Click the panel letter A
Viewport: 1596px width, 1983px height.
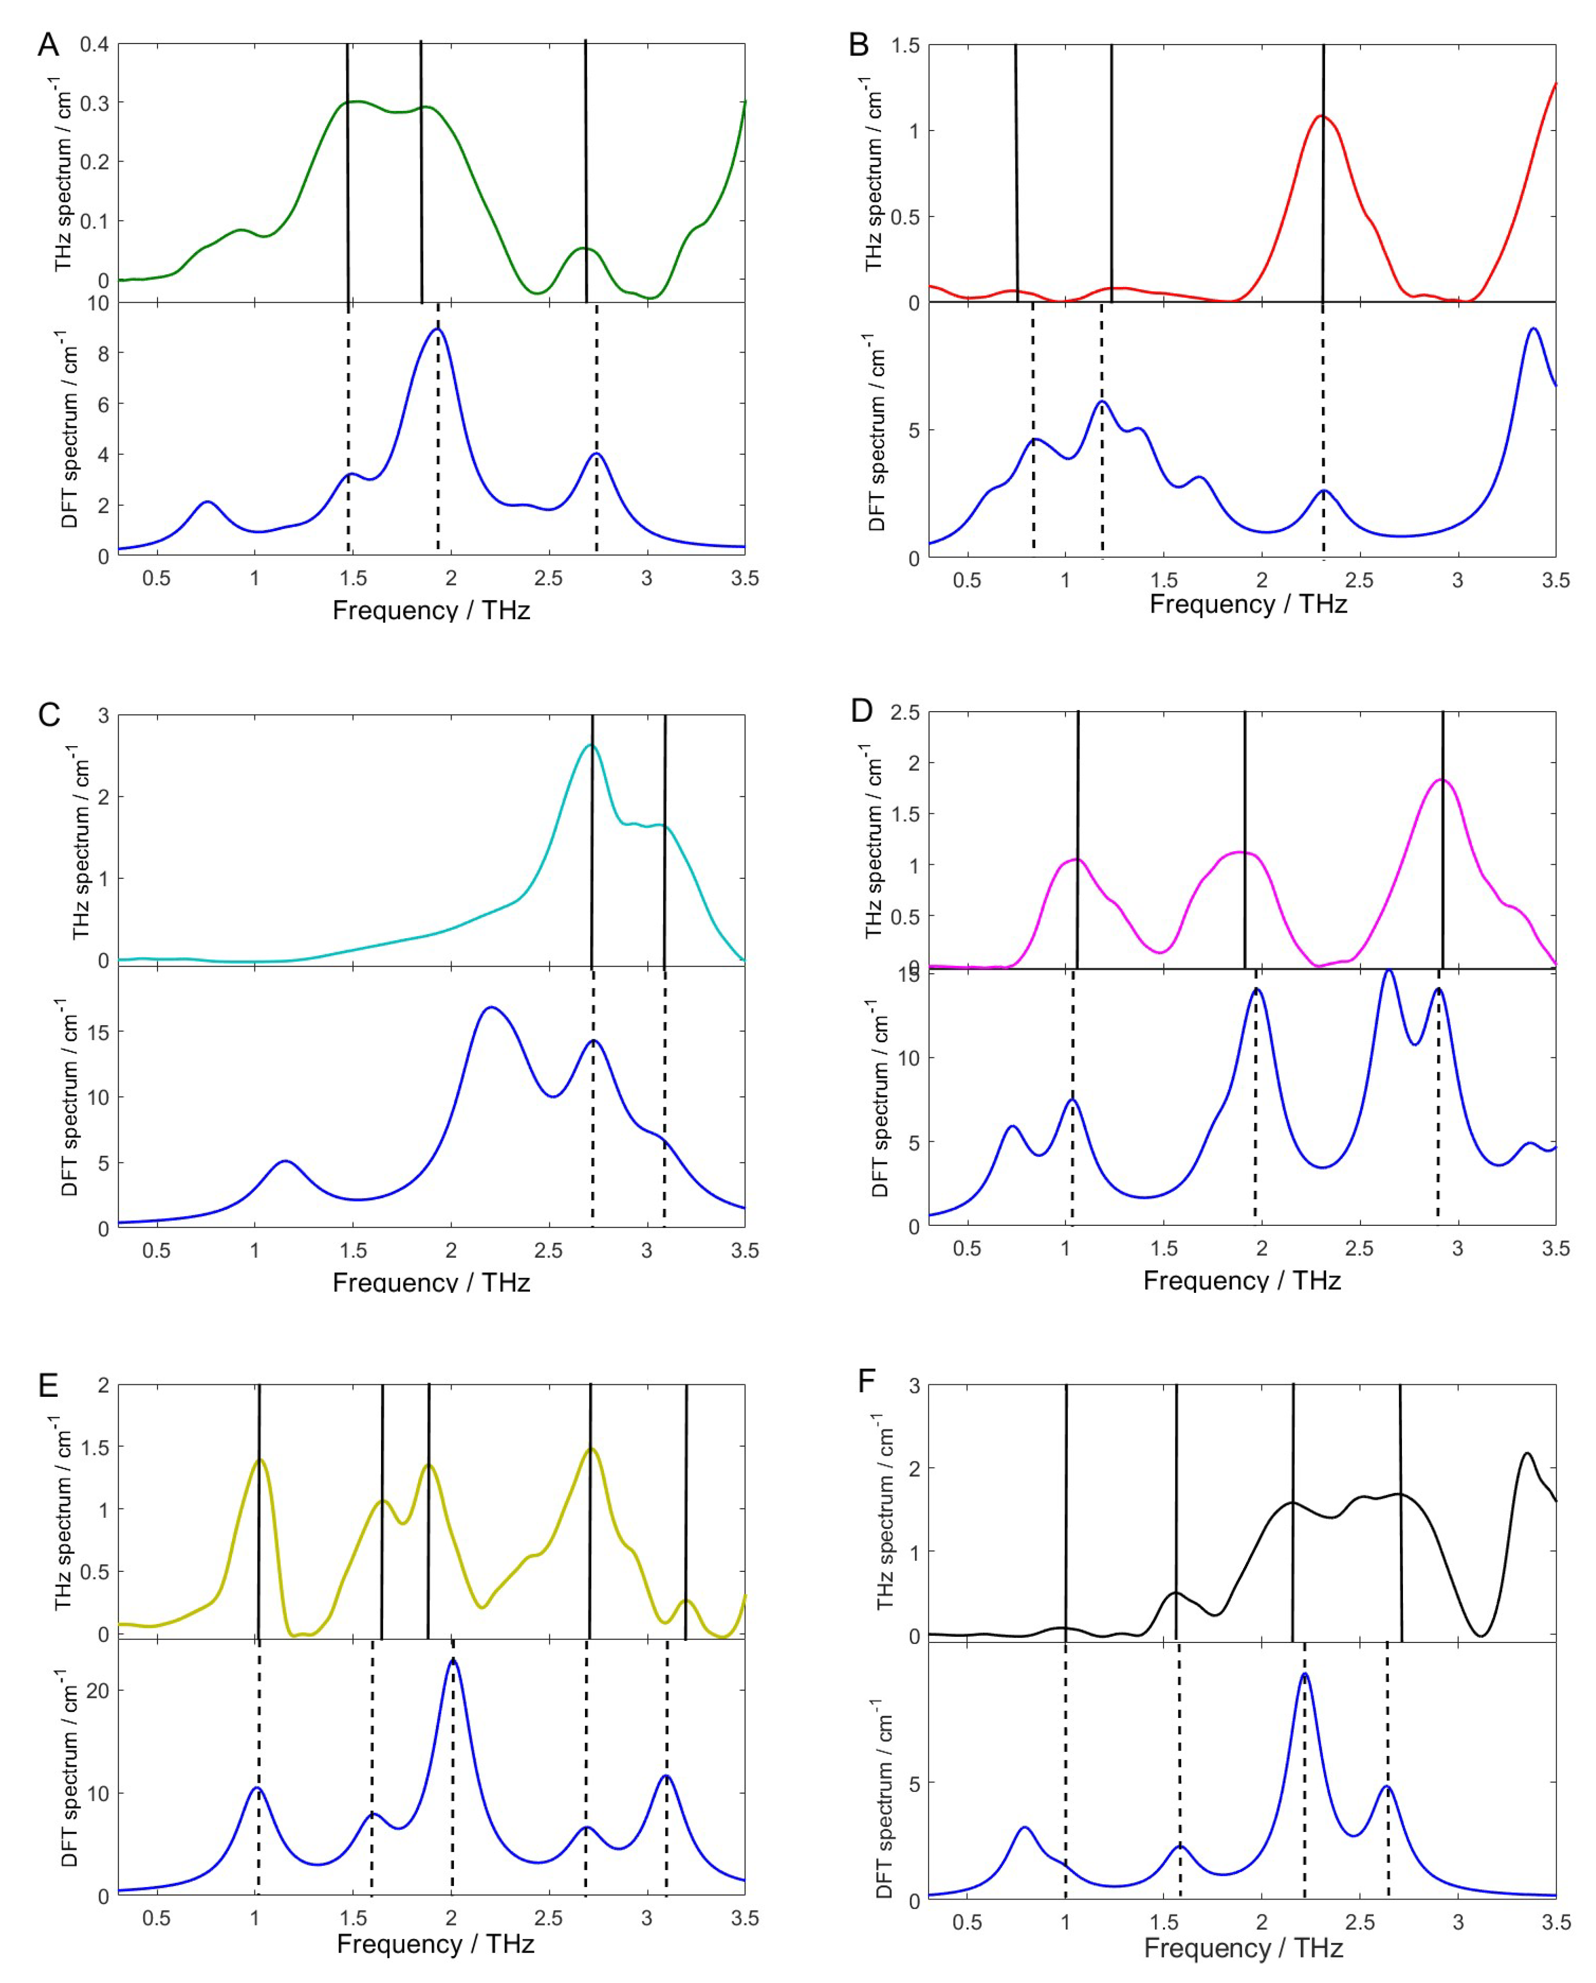[48, 44]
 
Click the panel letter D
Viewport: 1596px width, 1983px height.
[861, 711]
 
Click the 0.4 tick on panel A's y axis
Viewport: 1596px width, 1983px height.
[94, 44]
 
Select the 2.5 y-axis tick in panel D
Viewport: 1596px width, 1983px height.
[905, 713]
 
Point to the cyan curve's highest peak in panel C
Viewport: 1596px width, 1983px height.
[591, 745]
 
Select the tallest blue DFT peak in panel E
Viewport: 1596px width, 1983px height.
[451, 1660]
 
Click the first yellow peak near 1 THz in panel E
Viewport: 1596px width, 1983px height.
[260, 1460]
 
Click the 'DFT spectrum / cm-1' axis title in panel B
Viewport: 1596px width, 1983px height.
[876, 432]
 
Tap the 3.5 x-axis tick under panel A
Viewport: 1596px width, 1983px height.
[744, 579]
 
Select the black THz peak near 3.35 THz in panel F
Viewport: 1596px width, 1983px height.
[1527, 1453]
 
